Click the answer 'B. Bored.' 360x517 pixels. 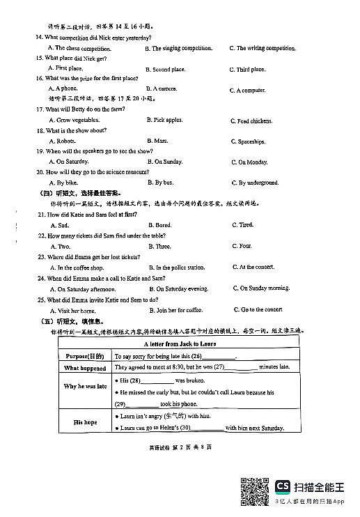pyautogui.click(x=161, y=225)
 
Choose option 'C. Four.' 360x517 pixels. pyautogui.click(x=242, y=246)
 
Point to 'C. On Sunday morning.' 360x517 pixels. pyautogui.click(x=261, y=288)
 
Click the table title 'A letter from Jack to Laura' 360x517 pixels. pyautogui.click(x=180, y=344)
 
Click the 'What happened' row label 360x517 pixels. pyautogui.click(x=85, y=367)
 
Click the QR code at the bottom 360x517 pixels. pyautogui.click(x=256, y=492)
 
